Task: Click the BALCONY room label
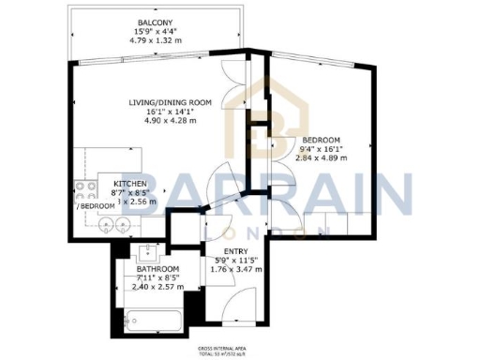pos(154,23)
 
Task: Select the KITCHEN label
pos(129,183)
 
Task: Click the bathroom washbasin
pos(147,251)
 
